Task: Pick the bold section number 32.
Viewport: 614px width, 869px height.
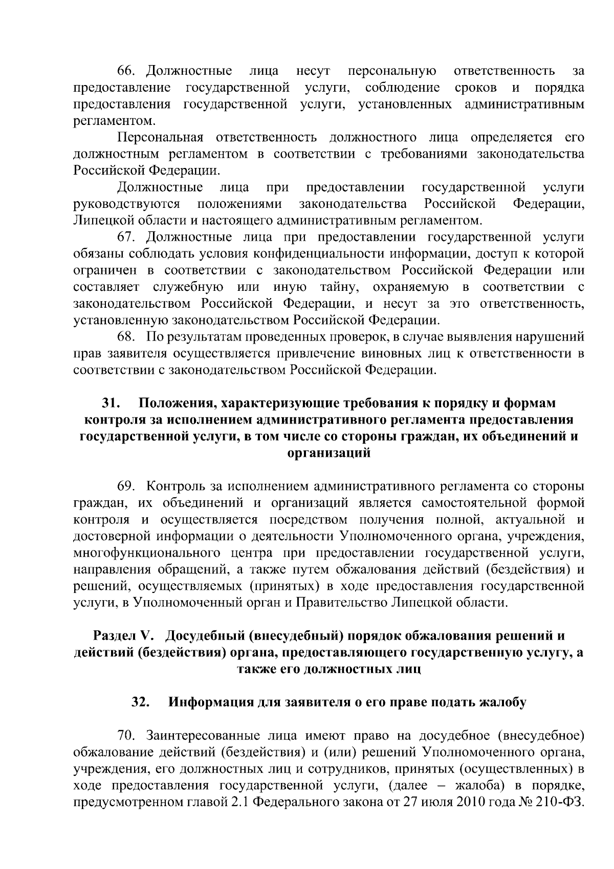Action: click(x=140, y=702)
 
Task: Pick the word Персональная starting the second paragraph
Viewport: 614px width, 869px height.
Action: click(x=160, y=138)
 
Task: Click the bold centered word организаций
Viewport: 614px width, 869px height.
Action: click(x=328, y=453)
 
